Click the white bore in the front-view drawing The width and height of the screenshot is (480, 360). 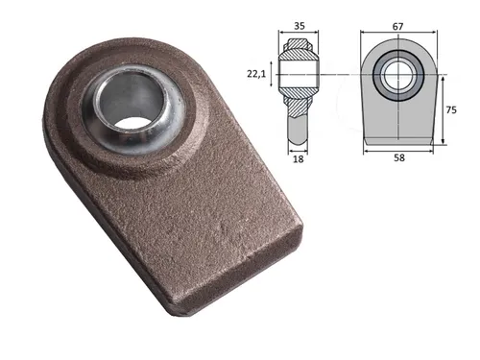coord(396,75)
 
